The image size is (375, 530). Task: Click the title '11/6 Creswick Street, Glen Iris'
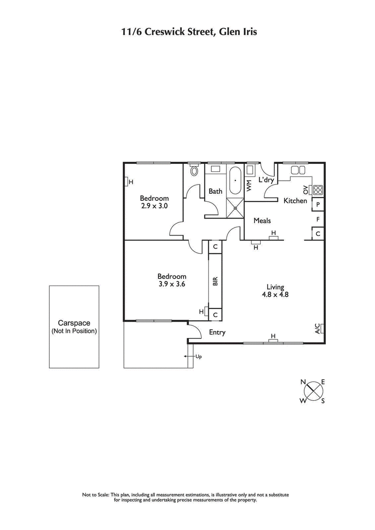pyautogui.click(x=187, y=32)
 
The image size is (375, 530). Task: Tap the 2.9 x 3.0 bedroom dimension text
pyautogui.click(x=154, y=205)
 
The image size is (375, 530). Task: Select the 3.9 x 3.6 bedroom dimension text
pyautogui.click(x=172, y=284)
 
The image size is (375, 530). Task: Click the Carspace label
pyautogui.click(x=74, y=323)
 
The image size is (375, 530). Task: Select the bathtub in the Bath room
pyautogui.click(x=235, y=180)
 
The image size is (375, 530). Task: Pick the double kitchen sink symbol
pyautogui.click(x=298, y=169)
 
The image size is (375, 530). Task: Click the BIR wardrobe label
pyautogui.click(x=215, y=281)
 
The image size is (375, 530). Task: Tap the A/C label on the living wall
pyautogui.click(x=318, y=329)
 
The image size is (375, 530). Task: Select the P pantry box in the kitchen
pyautogui.click(x=318, y=205)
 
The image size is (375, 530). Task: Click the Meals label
pyautogui.click(x=262, y=221)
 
